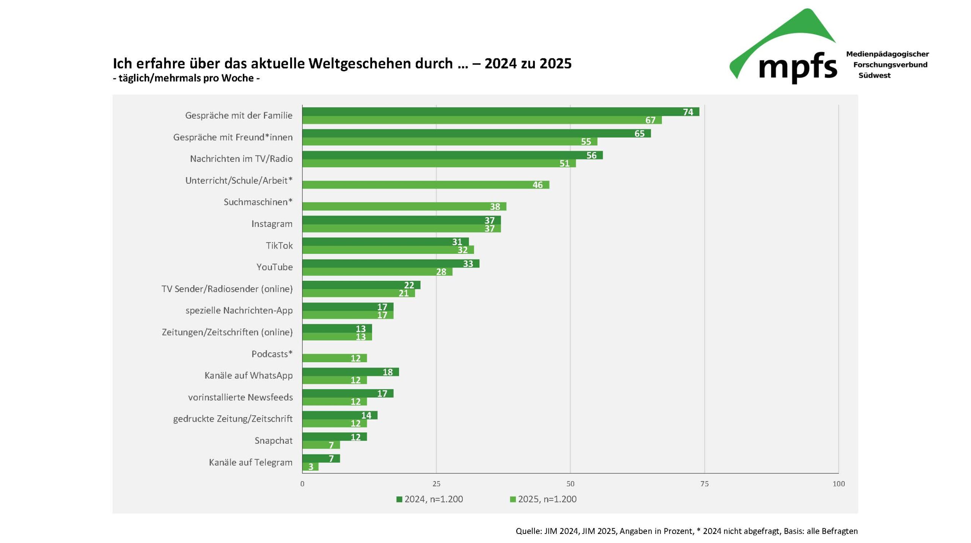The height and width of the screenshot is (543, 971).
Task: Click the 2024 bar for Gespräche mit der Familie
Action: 501,111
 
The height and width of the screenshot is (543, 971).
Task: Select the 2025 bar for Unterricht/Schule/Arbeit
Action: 426,185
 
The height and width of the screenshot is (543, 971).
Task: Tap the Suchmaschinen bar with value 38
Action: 404,207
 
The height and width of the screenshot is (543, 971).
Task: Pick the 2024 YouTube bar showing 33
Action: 391,263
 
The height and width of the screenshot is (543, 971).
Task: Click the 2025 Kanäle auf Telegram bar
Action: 310,466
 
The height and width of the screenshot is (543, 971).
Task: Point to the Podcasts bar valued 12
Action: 335,358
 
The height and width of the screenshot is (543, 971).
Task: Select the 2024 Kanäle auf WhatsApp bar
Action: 350,372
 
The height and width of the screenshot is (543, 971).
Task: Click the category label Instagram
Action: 272,224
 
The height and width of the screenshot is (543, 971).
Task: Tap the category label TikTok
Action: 279,246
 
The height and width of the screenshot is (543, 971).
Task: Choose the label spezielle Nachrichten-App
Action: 239,311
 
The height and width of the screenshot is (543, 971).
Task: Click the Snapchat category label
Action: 273,441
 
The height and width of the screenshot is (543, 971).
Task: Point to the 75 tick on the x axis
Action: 704,484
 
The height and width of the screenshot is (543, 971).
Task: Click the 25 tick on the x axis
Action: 436,484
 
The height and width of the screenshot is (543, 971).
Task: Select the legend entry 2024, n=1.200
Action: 430,499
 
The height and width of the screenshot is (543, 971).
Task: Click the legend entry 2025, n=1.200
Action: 543,499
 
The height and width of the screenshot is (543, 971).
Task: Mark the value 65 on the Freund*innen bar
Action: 639,133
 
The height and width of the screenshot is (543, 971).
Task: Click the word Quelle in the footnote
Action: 528,531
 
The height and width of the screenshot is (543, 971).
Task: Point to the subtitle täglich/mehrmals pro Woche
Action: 186,78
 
